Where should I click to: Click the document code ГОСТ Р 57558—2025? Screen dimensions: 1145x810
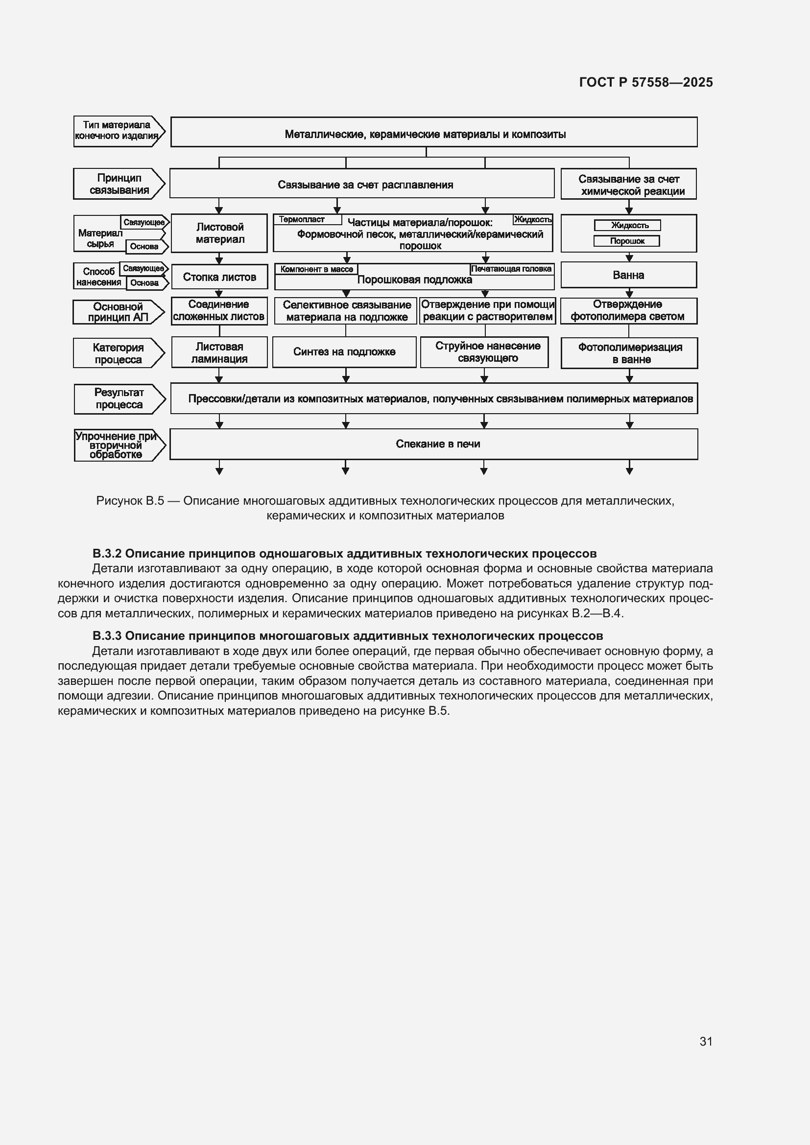(x=646, y=82)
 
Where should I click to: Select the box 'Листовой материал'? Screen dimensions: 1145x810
(x=219, y=233)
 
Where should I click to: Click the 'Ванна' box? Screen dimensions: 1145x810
(x=628, y=275)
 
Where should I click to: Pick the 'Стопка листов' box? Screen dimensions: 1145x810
(x=219, y=277)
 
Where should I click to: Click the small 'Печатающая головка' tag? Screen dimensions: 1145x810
(x=511, y=269)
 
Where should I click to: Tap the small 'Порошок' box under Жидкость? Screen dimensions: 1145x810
(x=626, y=241)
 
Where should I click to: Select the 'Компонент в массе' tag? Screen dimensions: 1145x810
(x=316, y=269)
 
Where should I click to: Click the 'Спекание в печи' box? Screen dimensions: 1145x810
(x=437, y=444)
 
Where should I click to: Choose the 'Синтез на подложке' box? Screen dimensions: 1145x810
(x=344, y=352)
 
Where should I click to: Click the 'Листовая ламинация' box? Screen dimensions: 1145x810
(x=219, y=352)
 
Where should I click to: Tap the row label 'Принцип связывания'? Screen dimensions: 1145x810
(x=119, y=184)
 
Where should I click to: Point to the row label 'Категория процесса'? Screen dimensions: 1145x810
(x=118, y=353)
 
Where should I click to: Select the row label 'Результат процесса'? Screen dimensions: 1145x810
(x=119, y=399)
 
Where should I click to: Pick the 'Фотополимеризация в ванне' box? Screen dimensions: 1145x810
(x=629, y=353)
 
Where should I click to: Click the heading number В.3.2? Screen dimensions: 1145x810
(x=107, y=554)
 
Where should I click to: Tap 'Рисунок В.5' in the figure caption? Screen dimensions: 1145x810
(x=130, y=501)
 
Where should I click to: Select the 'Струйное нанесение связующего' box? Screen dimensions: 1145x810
(x=484, y=352)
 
